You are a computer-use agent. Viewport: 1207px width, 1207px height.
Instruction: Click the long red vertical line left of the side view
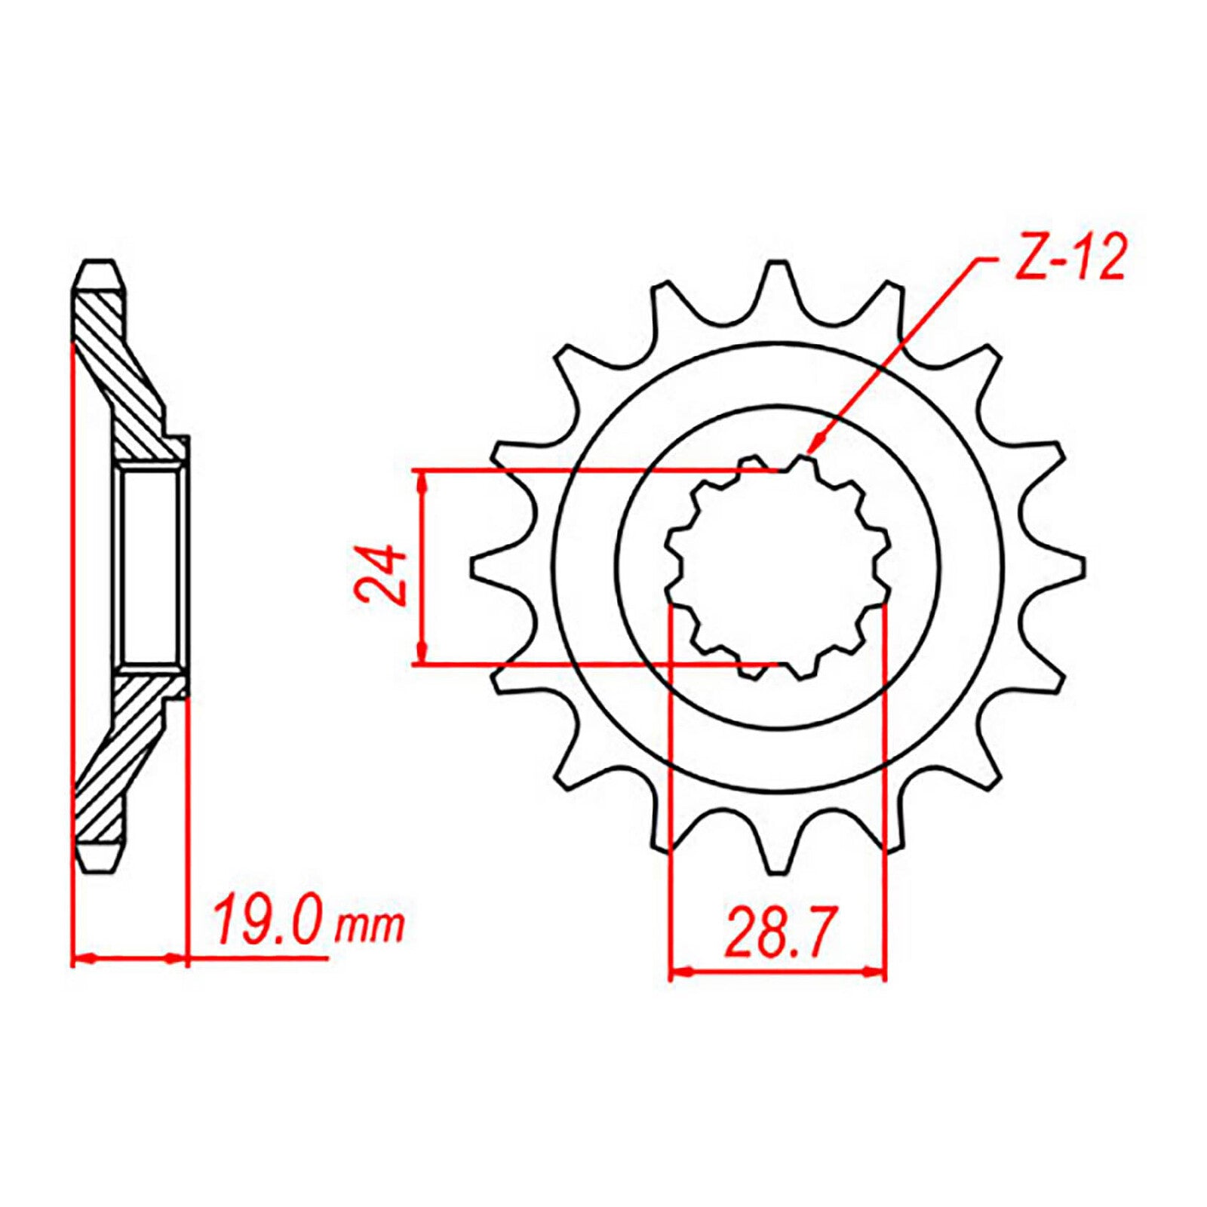(x=72, y=603)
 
